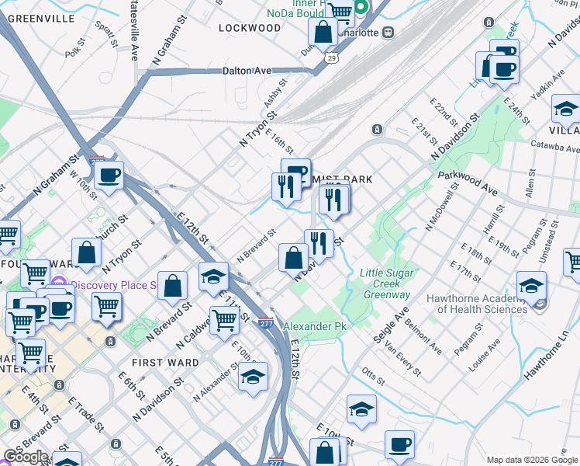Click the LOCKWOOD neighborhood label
(x=249, y=28)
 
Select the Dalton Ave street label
(x=247, y=71)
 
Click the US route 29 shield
(x=332, y=58)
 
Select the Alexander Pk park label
(x=313, y=327)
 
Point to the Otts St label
(x=373, y=374)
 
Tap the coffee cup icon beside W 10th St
(x=109, y=176)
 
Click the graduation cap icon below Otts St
(x=361, y=410)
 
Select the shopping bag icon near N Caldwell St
(x=172, y=285)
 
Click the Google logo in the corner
(x=26, y=457)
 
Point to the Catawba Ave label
(x=555, y=146)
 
